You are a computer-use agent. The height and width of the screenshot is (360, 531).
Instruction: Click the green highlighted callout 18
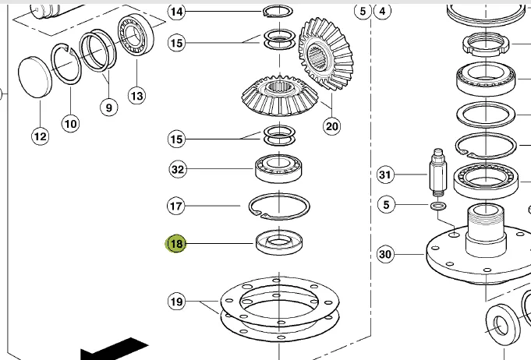(177, 244)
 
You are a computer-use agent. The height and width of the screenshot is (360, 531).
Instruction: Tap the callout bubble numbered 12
(40, 136)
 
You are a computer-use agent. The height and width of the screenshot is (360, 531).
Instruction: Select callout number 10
(71, 122)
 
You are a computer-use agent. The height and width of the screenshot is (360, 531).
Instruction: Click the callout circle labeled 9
(108, 108)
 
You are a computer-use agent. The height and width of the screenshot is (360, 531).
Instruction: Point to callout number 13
(136, 96)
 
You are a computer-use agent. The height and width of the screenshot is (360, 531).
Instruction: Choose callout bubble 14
(177, 12)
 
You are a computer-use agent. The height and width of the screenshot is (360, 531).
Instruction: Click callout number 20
(332, 125)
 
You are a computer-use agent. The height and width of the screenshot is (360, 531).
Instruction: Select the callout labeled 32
(177, 169)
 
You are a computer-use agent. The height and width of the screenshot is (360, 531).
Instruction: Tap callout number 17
(177, 206)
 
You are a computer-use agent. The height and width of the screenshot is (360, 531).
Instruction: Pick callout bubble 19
(177, 301)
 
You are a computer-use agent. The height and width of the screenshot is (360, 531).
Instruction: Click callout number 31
(385, 175)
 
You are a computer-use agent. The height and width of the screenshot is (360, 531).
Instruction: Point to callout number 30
(385, 253)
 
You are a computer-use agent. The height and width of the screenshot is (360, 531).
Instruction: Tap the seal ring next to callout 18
(279, 243)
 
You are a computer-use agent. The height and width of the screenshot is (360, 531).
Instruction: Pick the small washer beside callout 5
(437, 206)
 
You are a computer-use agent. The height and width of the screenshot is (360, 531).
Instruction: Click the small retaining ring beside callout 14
(277, 11)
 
